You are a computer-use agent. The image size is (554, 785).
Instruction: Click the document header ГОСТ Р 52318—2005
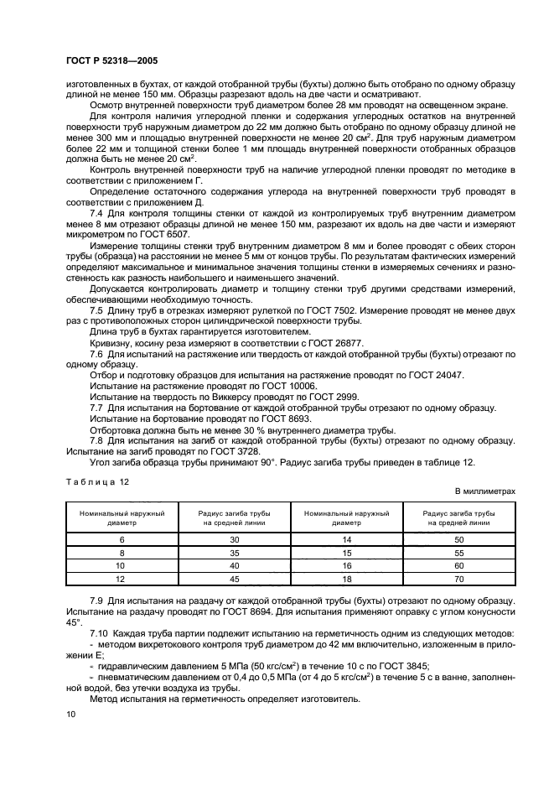(111, 61)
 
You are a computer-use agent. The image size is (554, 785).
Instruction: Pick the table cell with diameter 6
(122, 540)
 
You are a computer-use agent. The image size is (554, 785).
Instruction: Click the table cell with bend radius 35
(233, 554)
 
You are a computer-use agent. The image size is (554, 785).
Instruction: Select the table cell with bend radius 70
(457, 580)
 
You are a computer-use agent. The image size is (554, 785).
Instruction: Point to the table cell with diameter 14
(344, 540)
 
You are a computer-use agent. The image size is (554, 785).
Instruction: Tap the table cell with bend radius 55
(457, 554)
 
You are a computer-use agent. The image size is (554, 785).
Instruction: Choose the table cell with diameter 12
(122, 580)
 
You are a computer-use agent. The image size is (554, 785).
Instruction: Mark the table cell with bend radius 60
(457, 566)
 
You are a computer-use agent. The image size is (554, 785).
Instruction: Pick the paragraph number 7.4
(96, 212)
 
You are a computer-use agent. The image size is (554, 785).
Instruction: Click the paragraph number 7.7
(96, 408)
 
